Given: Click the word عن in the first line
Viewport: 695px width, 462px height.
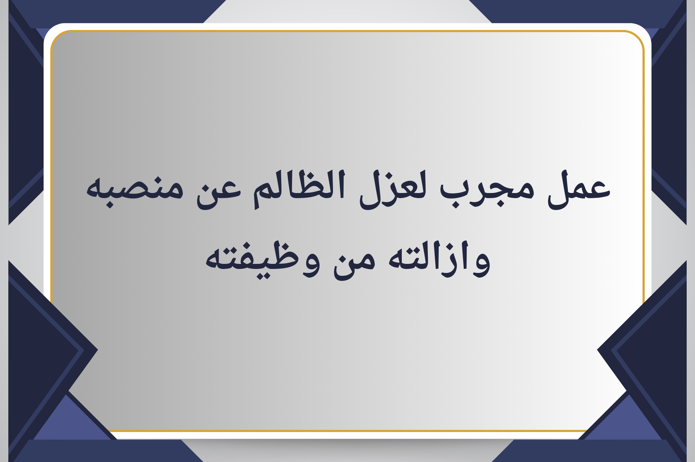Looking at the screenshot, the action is point(219,193).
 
